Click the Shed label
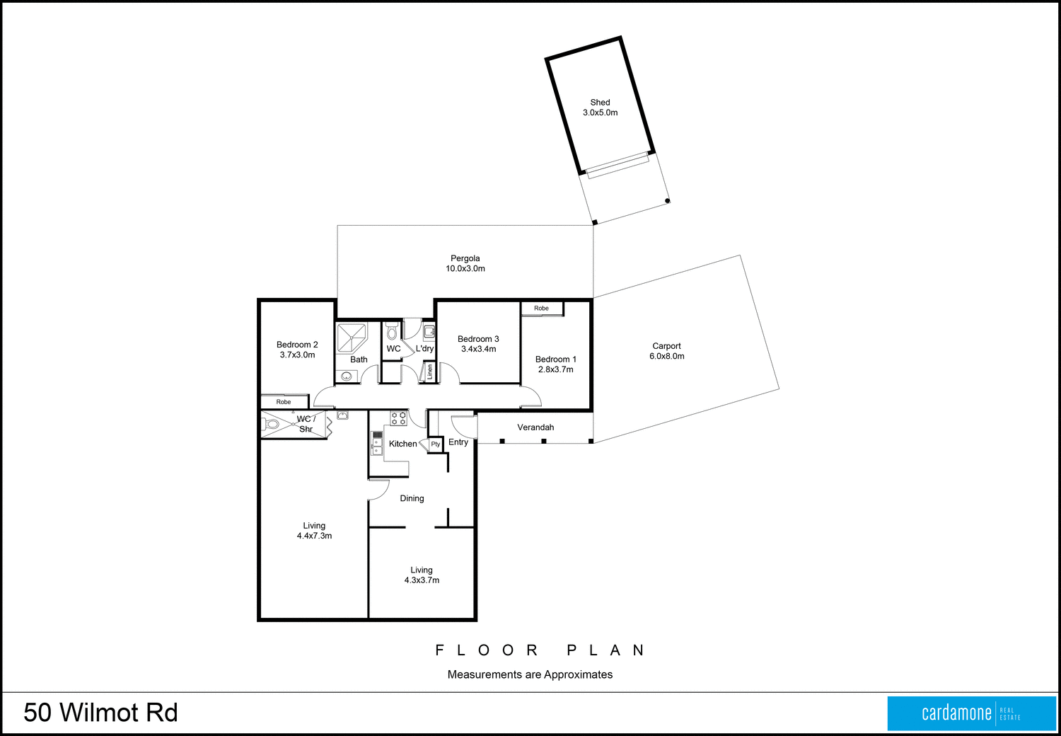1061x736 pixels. [600, 102]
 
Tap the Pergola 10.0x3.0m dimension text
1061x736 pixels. [465, 269]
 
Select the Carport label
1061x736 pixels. [666, 346]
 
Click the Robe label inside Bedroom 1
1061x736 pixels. [541, 308]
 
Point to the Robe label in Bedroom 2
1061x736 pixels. [284, 402]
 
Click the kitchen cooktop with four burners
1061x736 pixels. [399, 418]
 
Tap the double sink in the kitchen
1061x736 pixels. [377, 442]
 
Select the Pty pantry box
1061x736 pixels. [436, 444]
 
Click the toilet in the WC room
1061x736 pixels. [393, 332]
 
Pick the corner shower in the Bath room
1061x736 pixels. [351, 338]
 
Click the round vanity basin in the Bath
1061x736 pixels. [347, 376]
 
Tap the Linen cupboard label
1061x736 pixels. [429, 372]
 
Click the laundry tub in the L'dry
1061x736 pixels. [429, 331]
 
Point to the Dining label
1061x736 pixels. [412, 498]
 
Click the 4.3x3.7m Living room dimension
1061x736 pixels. [422, 580]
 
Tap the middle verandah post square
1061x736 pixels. [544, 442]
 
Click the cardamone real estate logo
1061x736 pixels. [971, 713]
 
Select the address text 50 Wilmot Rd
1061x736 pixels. [100, 713]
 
